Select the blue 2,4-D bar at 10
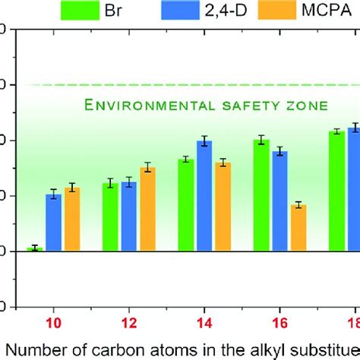pos(53,223)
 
